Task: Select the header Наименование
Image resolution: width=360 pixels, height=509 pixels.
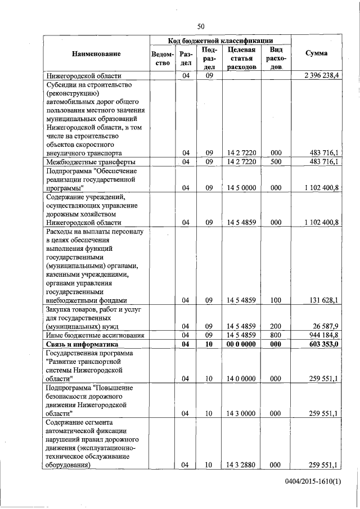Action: [96, 53]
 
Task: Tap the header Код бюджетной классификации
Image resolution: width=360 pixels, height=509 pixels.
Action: [220, 41]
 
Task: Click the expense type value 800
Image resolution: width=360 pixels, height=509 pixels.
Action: [276, 335]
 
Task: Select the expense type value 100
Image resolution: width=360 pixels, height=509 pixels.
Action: [276, 300]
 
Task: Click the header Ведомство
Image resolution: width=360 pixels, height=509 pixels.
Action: [161, 58]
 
